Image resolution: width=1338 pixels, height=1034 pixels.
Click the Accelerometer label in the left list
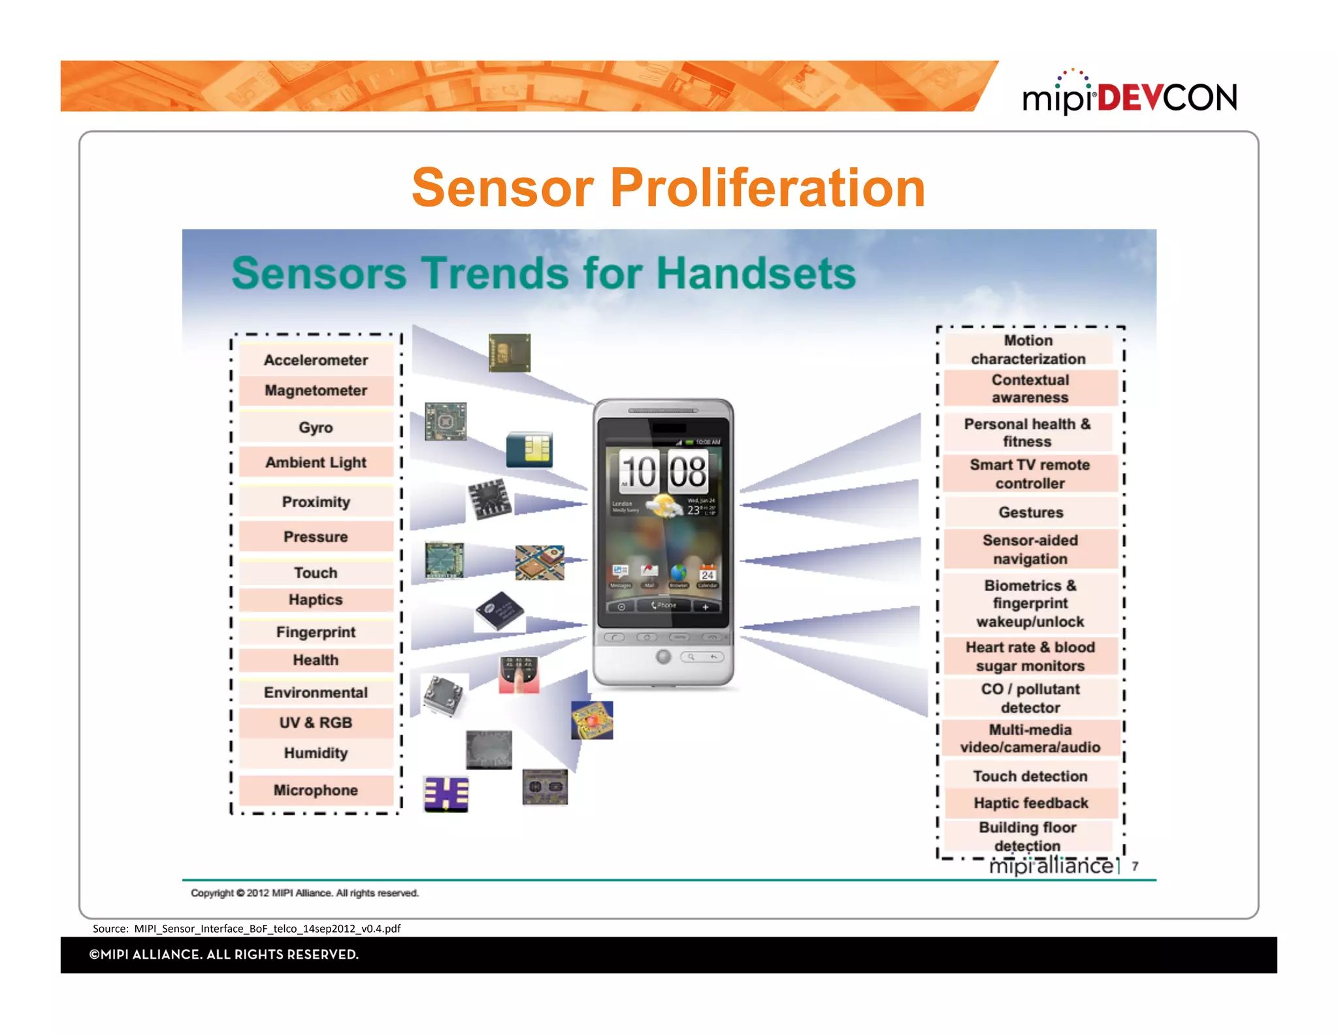tap(316, 360)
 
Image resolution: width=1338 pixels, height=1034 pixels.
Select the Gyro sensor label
tap(316, 427)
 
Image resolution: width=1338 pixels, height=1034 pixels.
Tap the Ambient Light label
tap(316, 462)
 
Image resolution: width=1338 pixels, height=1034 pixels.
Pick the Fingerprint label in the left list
tap(316, 632)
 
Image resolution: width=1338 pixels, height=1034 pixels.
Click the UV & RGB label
tap(316, 722)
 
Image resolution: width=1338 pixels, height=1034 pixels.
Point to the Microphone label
tap(316, 790)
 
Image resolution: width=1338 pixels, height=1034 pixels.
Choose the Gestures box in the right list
tap(1030, 512)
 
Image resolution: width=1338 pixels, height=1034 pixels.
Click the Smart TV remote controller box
tap(1030, 474)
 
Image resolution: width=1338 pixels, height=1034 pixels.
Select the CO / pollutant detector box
tap(1030, 698)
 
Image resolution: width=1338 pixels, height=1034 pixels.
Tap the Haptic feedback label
tap(1030, 803)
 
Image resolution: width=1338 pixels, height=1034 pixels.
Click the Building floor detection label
tap(1028, 836)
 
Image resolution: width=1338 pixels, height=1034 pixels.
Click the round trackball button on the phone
tap(663, 656)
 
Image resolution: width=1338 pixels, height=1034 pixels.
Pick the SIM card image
tap(529, 450)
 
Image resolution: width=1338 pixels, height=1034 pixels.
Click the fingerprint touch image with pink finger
tap(519, 675)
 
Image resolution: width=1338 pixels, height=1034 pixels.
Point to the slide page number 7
tap(1135, 866)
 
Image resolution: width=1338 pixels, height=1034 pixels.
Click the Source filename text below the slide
tap(247, 928)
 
